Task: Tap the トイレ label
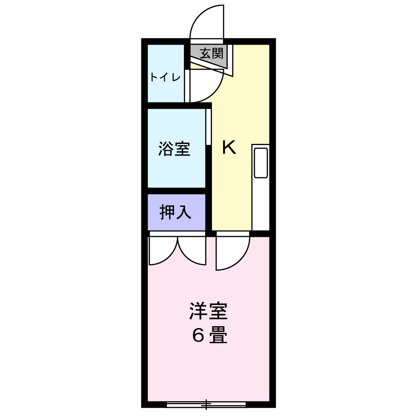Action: pos(165,78)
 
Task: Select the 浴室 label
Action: pos(174,149)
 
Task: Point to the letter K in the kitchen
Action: pos(229,147)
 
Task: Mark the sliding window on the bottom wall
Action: pos(206,404)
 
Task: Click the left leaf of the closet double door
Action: pos(163,250)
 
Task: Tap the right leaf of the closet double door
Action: pos(193,250)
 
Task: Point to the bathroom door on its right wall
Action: pos(208,127)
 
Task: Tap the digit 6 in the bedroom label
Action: pos(197,336)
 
